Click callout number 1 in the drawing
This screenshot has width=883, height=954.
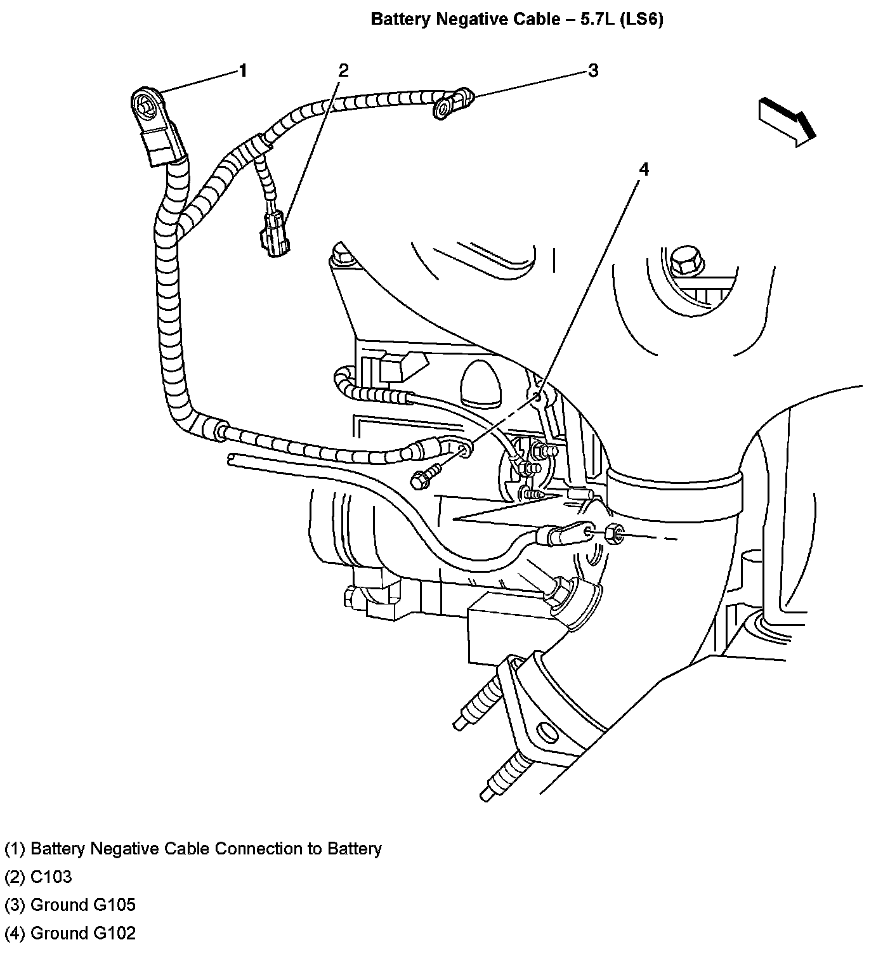point(243,71)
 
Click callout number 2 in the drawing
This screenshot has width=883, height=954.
point(343,70)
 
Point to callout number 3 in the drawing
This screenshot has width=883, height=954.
point(593,70)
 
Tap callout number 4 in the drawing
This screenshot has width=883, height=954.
point(643,169)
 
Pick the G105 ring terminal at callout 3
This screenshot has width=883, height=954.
point(452,103)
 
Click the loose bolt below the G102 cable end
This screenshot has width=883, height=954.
point(425,477)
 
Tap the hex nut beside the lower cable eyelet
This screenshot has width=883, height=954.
point(615,533)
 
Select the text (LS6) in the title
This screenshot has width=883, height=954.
point(641,19)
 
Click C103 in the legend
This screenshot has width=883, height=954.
point(51,877)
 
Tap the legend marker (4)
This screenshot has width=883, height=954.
point(15,933)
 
